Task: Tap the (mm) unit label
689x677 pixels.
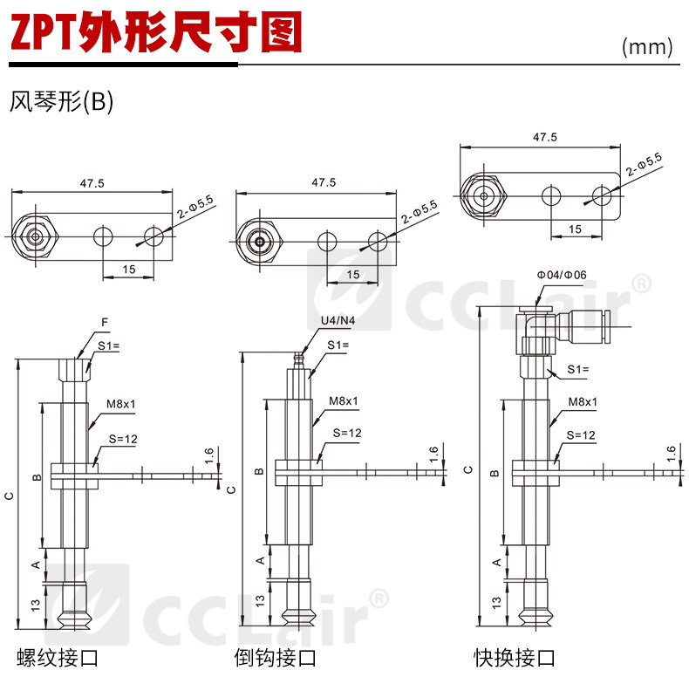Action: click(x=647, y=47)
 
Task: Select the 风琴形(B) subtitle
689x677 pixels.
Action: click(x=61, y=102)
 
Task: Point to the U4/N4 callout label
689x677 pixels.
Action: click(x=338, y=320)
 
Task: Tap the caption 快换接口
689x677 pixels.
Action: click(x=514, y=657)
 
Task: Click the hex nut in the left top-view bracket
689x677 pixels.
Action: click(x=32, y=236)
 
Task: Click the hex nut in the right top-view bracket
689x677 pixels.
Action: click(x=482, y=195)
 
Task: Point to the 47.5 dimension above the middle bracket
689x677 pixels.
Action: click(x=324, y=183)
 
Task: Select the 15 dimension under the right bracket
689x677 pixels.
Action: click(x=575, y=229)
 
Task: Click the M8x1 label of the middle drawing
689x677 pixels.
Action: click(x=344, y=401)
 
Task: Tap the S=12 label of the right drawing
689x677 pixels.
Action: click(x=581, y=434)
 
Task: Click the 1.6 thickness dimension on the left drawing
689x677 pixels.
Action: click(x=209, y=454)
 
